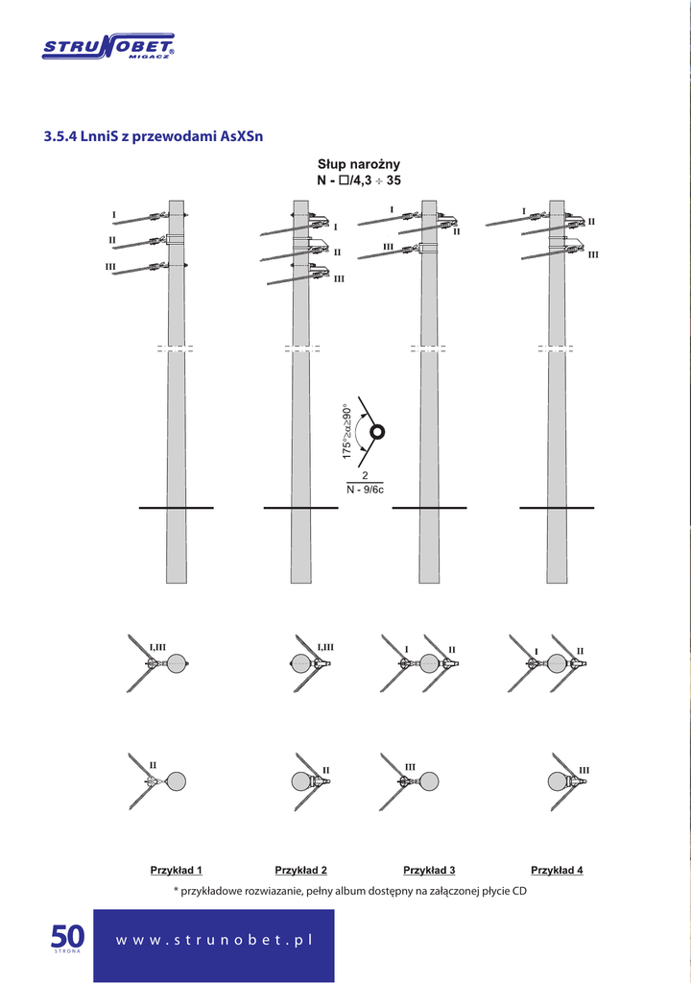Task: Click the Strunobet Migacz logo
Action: [108, 47]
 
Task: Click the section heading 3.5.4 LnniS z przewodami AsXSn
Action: [153, 136]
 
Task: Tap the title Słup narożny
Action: [359, 164]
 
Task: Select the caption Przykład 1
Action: [177, 870]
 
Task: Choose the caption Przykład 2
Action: [301, 870]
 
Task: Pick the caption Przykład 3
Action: [429, 870]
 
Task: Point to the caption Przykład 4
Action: [557, 870]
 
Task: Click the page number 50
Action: [67, 937]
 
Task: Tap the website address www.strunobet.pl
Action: [214, 941]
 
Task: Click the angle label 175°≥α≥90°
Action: [347, 431]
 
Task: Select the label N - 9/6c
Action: [365, 490]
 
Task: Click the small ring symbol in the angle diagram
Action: [377, 431]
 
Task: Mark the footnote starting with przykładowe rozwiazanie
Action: [350, 891]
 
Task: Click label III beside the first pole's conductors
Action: [110, 267]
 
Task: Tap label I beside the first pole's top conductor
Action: [113, 215]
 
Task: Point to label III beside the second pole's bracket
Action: [339, 279]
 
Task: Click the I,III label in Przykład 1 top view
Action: [157, 647]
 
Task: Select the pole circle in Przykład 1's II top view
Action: [177, 781]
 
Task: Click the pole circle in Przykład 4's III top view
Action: [558, 781]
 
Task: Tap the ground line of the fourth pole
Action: [557, 508]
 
